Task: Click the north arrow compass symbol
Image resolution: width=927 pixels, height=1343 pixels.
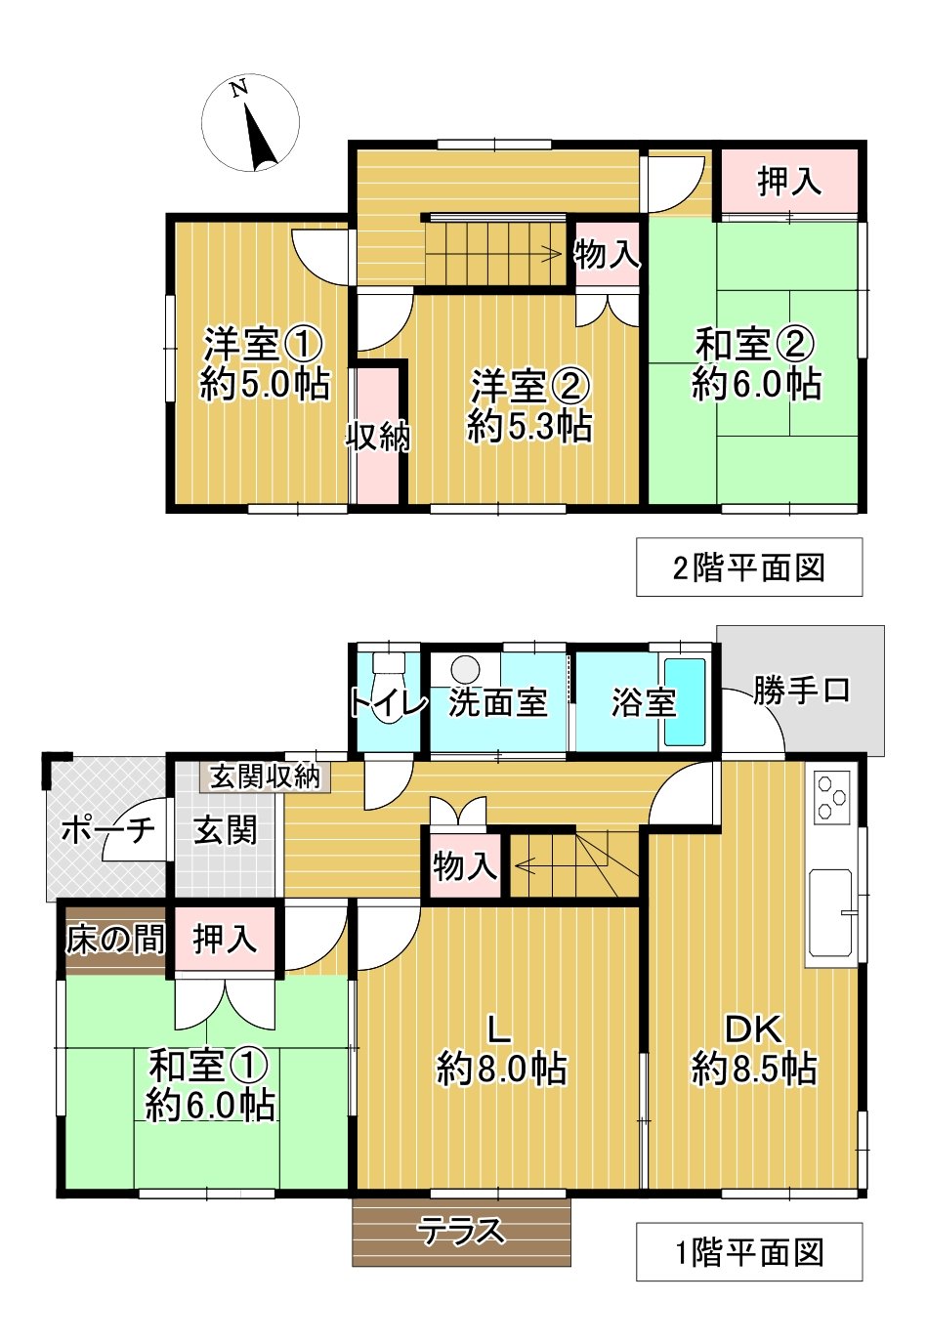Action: coord(250,124)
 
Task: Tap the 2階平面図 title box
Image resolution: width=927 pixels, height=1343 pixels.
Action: coord(748,567)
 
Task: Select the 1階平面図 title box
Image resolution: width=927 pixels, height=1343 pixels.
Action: coord(748,1252)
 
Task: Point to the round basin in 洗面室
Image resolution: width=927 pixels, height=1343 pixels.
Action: coord(465,670)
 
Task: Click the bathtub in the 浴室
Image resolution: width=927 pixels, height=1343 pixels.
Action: coord(685,702)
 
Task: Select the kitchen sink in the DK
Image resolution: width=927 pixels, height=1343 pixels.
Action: coord(832,913)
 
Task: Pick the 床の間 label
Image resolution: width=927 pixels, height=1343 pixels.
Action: coord(115,940)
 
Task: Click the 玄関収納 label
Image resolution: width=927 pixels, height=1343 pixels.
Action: coord(266,776)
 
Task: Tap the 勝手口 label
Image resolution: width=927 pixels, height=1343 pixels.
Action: coord(801,691)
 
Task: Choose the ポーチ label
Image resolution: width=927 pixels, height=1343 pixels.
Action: coord(107,830)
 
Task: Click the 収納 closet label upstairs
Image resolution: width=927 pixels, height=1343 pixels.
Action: coord(378,437)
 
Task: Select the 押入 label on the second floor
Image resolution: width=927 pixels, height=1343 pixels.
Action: coord(789,182)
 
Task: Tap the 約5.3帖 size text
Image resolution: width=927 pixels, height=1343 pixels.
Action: coord(529,427)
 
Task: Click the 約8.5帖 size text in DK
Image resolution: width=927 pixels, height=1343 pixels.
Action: coord(754,1069)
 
